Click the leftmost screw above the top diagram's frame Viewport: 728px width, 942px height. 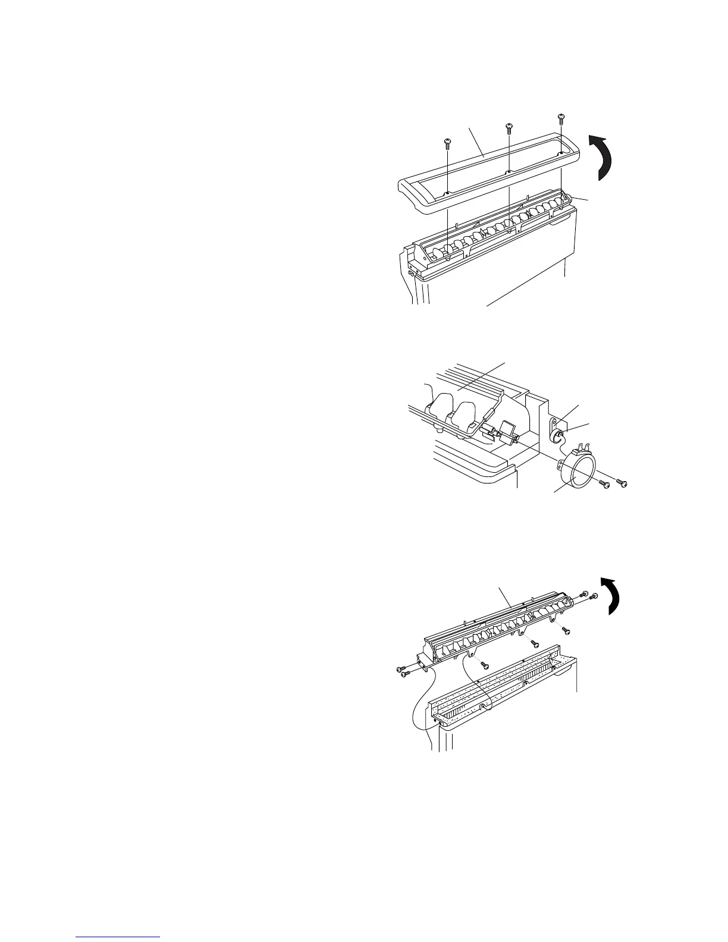coord(447,142)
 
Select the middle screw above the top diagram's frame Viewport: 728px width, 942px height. coord(509,127)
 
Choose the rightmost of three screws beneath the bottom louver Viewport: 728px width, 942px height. coord(565,630)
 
